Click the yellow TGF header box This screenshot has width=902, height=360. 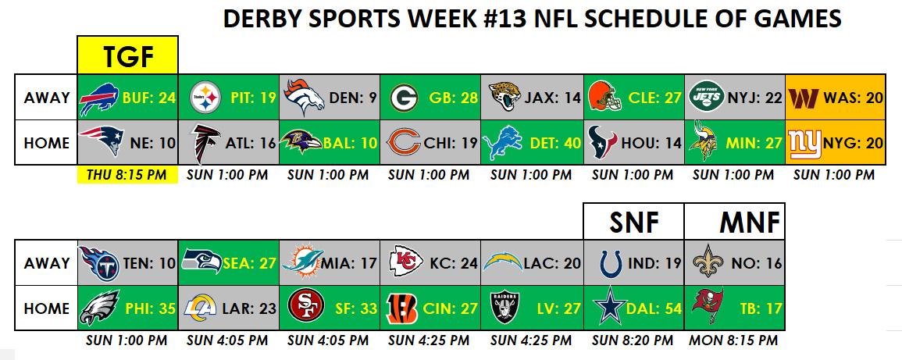(128, 55)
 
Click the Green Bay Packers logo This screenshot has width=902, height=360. (404, 97)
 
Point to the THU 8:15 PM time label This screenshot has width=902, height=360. (128, 175)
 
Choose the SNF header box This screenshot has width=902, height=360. (634, 221)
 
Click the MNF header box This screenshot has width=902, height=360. (735, 221)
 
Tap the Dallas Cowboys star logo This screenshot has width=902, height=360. (610, 308)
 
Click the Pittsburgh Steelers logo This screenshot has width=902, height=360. (205, 97)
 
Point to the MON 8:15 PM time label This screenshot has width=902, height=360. (733, 340)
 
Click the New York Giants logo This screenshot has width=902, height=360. (805, 143)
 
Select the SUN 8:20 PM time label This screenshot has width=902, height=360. (633, 340)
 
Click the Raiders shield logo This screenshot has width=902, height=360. (505, 308)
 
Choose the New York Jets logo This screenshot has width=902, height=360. (707, 97)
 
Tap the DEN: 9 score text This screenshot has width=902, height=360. (354, 98)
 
